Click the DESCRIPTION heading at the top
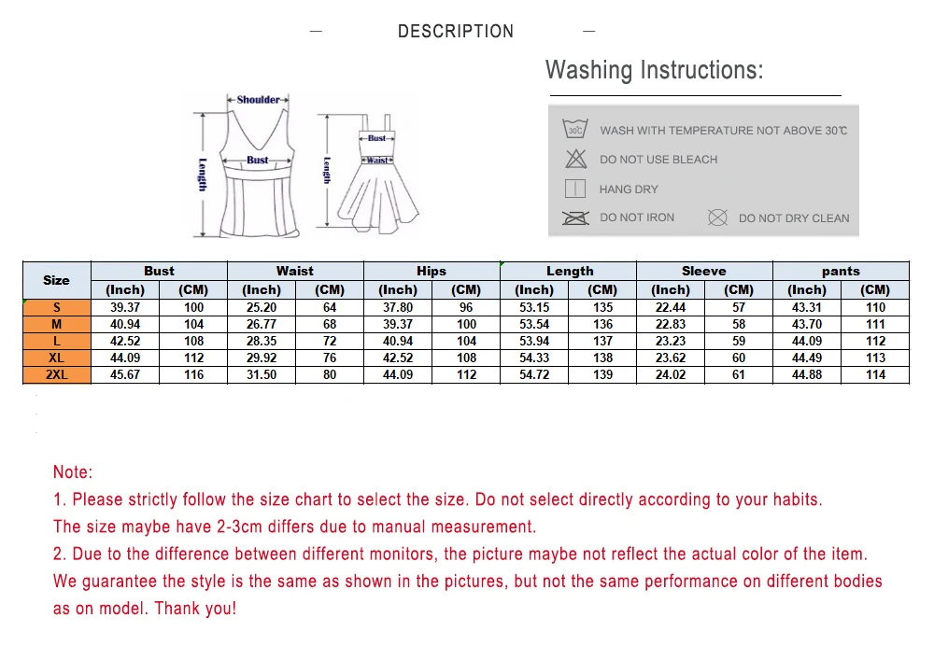[x=456, y=31]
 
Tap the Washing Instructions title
[x=654, y=70]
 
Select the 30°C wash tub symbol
[x=574, y=129]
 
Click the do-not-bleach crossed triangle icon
[x=575, y=159]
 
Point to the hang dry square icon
[x=574, y=189]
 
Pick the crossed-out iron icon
[x=575, y=218]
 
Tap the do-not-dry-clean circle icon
[x=717, y=218]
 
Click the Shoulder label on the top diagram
[x=258, y=100]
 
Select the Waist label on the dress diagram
[x=377, y=161]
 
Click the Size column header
[x=57, y=280]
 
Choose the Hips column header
[x=432, y=271]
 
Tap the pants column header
[x=841, y=272]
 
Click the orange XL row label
[x=57, y=358]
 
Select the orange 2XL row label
[x=57, y=374]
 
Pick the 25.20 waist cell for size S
[x=262, y=307]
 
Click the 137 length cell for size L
[x=602, y=341]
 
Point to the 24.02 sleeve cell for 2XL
[x=670, y=374]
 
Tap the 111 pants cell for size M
[x=875, y=325]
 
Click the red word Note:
[x=73, y=472]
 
